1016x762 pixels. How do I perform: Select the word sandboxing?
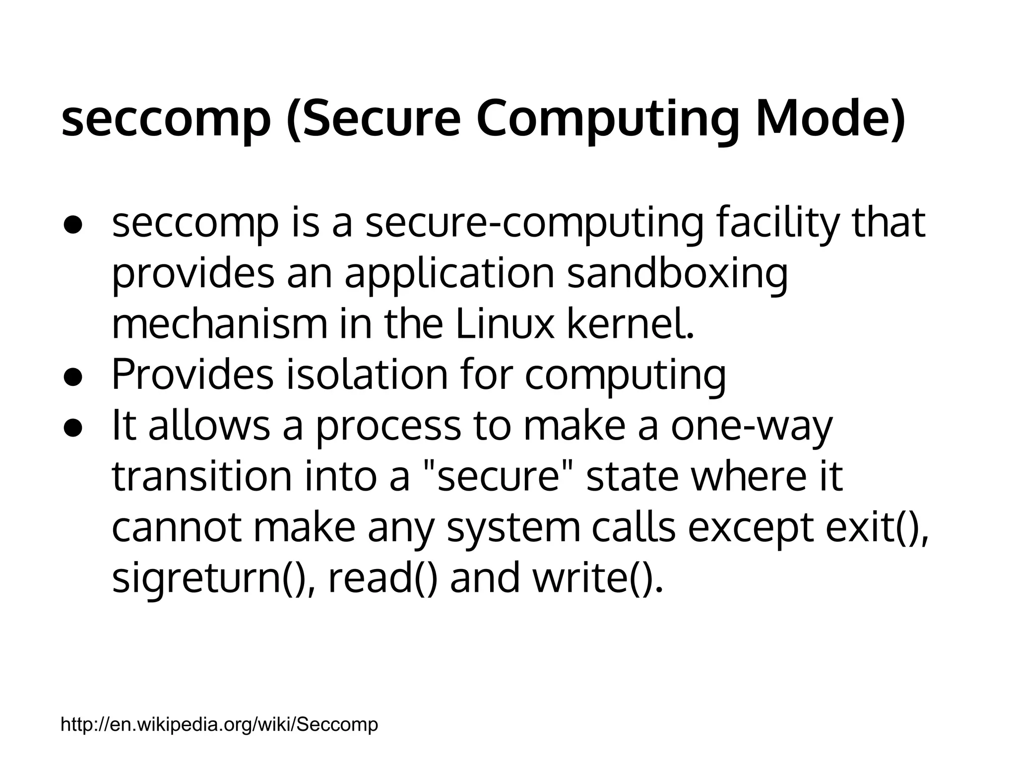(x=677, y=274)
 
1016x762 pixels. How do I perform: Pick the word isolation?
(x=367, y=375)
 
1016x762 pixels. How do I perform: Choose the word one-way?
(x=752, y=427)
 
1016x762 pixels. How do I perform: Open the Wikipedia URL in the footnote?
(x=219, y=725)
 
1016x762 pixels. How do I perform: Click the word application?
(x=449, y=274)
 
